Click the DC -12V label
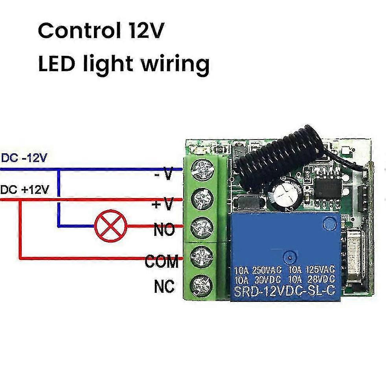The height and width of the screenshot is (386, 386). [24, 158]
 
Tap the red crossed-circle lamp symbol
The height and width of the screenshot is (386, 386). [106, 226]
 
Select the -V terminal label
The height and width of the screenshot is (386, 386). [164, 174]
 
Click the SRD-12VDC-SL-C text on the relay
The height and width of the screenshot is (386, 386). [284, 291]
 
